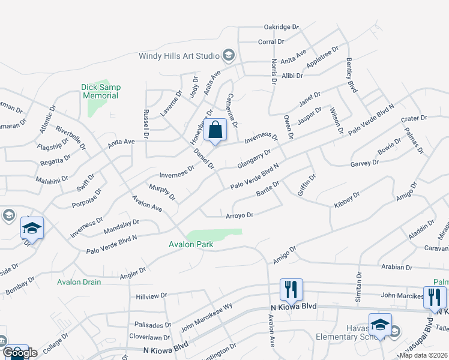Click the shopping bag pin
215,130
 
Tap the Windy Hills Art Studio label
178,56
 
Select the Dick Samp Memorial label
101,91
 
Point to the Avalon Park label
191,244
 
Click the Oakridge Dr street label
281,27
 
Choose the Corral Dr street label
271,42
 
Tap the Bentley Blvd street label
352,76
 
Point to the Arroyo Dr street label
240,215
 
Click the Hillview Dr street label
151,296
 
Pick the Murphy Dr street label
162,193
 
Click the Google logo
19,353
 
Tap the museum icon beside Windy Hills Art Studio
228,56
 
